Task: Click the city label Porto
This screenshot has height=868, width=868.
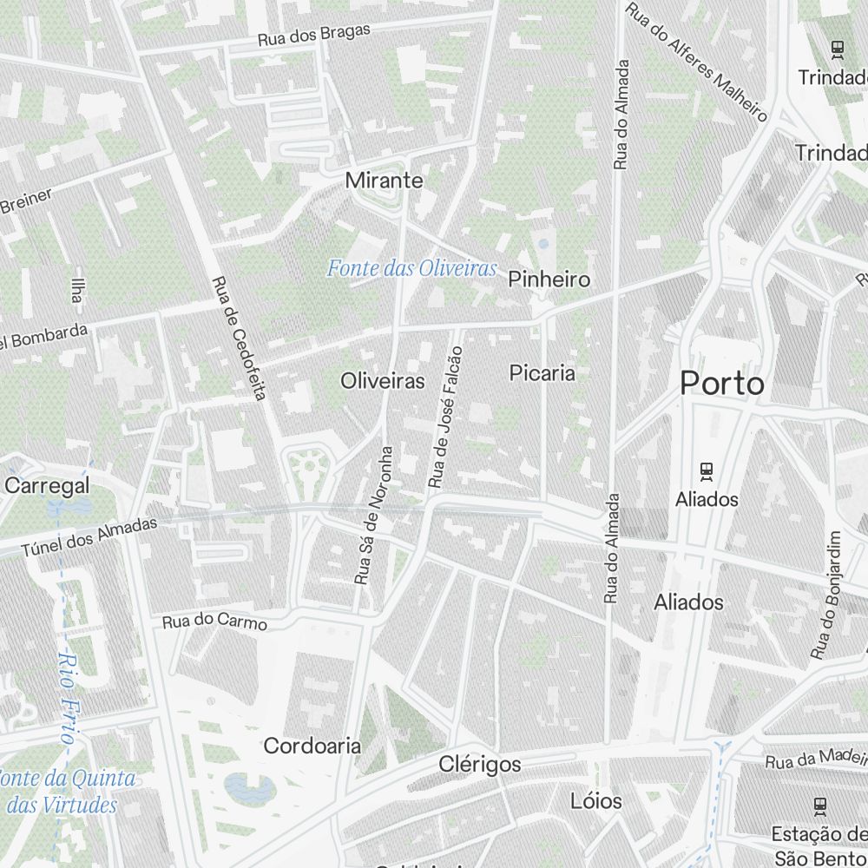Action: click(x=722, y=383)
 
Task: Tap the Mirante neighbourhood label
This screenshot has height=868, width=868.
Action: click(x=384, y=181)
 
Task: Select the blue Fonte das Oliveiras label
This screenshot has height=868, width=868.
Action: click(x=411, y=268)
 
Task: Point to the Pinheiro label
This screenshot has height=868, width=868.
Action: click(x=549, y=279)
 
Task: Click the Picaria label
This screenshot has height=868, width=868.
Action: click(x=542, y=373)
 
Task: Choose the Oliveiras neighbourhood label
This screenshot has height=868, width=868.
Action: click(x=383, y=381)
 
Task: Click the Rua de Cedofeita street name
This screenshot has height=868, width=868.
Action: click(x=238, y=338)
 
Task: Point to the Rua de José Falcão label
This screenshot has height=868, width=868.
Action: click(x=445, y=416)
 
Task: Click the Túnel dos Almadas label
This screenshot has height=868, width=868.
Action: click(x=89, y=536)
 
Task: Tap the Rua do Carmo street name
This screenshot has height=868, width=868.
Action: click(x=214, y=621)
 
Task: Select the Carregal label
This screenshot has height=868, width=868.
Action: click(x=49, y=485)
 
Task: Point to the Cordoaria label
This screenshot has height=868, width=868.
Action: click(x=312, y=746)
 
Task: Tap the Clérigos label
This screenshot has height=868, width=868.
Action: click(x=480, y=765)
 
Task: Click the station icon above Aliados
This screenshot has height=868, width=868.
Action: click(x=707, y=471)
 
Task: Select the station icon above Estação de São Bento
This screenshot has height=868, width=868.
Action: click(x=819, y=806)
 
